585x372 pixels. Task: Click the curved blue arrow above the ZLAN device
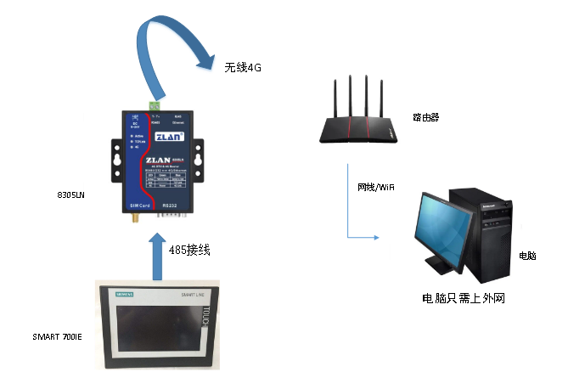170,38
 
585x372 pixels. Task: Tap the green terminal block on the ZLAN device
155,106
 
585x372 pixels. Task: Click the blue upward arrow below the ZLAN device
158,255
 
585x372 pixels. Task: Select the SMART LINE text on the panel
193,294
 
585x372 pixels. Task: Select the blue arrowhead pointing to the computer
374,238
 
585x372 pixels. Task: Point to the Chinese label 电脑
527,256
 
